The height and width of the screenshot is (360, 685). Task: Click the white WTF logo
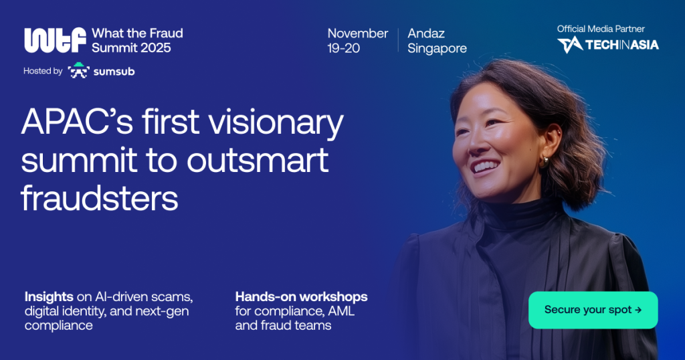coord(55,40)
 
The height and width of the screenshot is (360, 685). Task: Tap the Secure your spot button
coord(593,310)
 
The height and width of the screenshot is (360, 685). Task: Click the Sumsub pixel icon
coord(79,70)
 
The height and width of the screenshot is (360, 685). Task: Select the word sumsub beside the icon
coord(114,72)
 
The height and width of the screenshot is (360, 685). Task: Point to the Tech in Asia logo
coord(607,45)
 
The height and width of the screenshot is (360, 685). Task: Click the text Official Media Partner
coord(601,29)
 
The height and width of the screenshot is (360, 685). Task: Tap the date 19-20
coord(343,48)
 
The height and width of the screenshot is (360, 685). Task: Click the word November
coord(358,33)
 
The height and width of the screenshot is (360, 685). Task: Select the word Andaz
coord(426,33)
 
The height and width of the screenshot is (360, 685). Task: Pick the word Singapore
coord(437,48)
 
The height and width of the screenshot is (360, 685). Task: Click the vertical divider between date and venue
coord(398,40)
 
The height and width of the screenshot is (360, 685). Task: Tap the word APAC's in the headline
coord(77,122)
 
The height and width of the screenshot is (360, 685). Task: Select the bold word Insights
coord(49,296)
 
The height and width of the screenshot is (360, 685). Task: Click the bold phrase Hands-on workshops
coord(302,296)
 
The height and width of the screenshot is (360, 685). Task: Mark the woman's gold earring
coord(544,162)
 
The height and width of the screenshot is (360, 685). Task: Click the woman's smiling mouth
coord(484,167)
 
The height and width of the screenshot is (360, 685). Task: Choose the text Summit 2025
coord(131,48)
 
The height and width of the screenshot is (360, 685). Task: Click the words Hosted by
coord(43,71)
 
